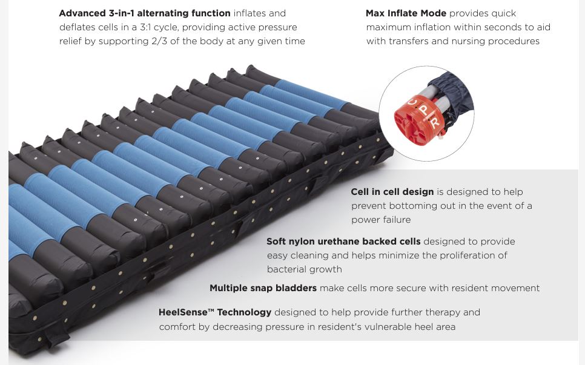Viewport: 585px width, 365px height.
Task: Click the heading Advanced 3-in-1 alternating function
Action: [144, 13]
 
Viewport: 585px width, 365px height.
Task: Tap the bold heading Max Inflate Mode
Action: [406, 13]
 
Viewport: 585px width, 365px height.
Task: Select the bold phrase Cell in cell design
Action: [392, 192]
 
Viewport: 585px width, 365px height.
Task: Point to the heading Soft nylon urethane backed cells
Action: [343, 242]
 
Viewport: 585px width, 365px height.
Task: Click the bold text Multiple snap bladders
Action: [263, 288]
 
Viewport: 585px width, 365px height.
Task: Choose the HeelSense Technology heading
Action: [214, 312]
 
